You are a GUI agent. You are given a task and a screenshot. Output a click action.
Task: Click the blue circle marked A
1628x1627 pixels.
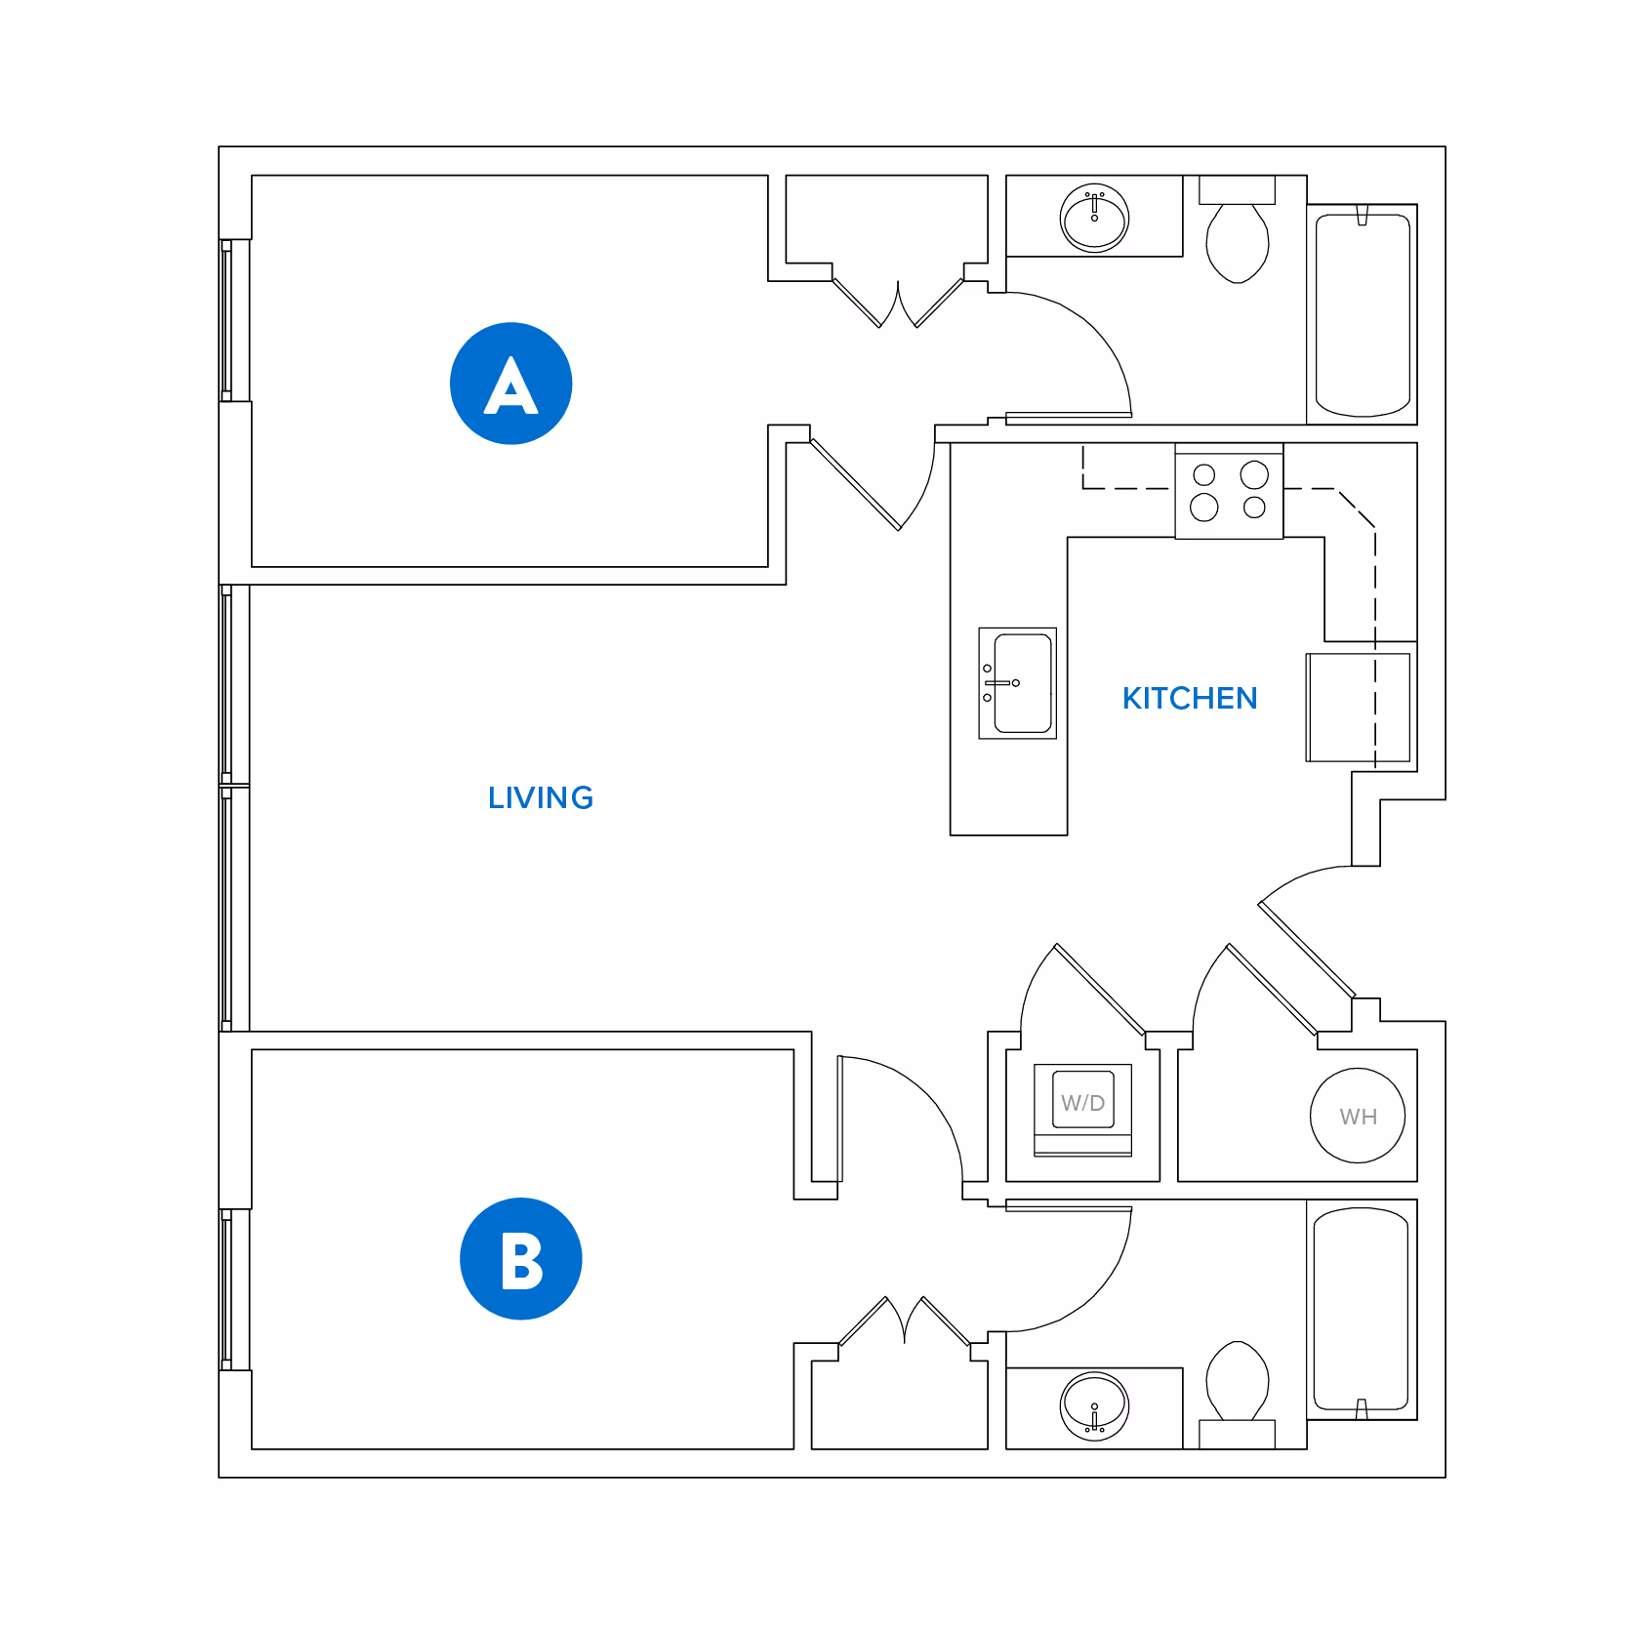[x=510, y=384]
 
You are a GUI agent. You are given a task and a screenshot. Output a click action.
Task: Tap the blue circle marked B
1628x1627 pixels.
[x=520, y=1259]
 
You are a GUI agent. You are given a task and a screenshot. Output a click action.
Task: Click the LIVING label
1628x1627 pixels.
[x=541, y=798]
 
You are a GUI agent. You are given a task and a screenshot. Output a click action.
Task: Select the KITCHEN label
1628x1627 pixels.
[x=1189, y=699]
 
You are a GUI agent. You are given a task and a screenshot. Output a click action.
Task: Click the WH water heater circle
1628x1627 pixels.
[x=1357, y=1117]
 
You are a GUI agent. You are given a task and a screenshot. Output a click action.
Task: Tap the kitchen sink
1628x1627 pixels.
[x=1018, y=683]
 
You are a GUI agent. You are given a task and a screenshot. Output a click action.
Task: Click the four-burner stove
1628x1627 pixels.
[x=1229, y=491]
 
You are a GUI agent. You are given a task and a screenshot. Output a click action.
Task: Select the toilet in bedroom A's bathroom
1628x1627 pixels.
[x=1237, y=239]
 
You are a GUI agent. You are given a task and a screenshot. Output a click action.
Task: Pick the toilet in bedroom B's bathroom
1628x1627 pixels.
[x=1237, y=1386]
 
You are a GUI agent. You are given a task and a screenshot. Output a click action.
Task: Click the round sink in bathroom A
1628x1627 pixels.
[x=1094, y=218]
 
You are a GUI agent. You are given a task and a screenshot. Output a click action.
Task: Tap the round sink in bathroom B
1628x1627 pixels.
[x=1094, y=1406]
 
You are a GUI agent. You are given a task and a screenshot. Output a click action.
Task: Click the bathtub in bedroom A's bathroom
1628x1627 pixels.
[x=1362, y=314]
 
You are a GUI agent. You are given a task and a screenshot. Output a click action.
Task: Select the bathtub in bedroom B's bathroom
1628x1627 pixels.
[x=1361, y=1310]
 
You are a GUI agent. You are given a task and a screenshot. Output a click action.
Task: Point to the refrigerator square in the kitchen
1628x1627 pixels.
[x=1358, y=708]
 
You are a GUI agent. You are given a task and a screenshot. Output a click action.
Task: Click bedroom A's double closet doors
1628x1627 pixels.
[x=898, y=302]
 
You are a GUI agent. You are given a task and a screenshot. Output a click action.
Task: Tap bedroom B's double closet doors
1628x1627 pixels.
[x=905, y=1322]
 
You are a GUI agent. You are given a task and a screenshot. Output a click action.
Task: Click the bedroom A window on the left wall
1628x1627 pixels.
[x=227, y=320]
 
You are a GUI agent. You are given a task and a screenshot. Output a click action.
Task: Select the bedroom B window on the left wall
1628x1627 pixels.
[x=227, y=1289]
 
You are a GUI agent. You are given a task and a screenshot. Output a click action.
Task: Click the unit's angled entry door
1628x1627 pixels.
[x=1306, y=948]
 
